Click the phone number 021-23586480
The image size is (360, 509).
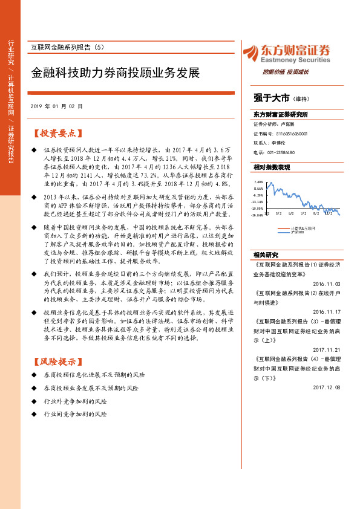point(280,152)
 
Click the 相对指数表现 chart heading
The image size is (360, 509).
point(272,167)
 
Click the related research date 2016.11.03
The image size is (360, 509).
point(327,282)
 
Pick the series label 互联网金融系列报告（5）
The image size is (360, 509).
point(68,47)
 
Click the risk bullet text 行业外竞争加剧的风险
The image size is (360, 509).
point(76,401)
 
